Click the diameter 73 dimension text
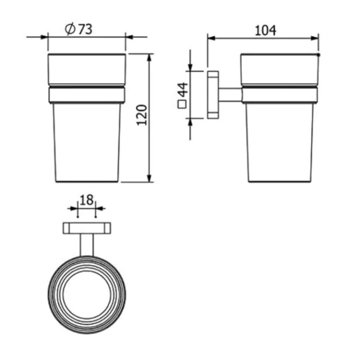point(79,29)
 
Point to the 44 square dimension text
point(181,90)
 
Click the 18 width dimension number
point(86,200)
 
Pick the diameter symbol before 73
point(70,29)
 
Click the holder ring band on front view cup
point(86,94)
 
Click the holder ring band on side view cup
point(279,94)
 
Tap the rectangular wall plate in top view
point(86,228)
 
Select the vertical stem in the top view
point(86,245)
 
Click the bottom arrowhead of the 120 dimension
point(149,178)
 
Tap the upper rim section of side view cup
point(279,69)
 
